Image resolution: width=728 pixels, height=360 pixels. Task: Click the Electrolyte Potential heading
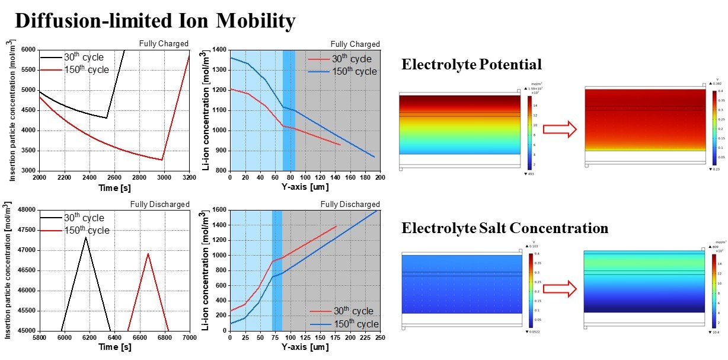click(471, 65)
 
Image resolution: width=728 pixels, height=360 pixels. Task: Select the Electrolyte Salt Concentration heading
click(505, 228)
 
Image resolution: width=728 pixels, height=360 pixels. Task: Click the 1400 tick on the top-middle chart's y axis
click(219, 50)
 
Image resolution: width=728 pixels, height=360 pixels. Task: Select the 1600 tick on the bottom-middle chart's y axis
click(219, 210)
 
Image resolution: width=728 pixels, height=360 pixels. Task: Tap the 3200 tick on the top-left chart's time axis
click(189, 177)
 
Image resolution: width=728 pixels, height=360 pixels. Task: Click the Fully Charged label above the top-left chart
click(164, 43)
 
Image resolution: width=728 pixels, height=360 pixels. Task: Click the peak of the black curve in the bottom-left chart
click(86, 237)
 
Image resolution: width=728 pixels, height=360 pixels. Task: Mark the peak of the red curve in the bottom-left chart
click(148, 254)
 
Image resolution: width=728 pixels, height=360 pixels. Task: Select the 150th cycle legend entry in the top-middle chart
click(353, 72)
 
